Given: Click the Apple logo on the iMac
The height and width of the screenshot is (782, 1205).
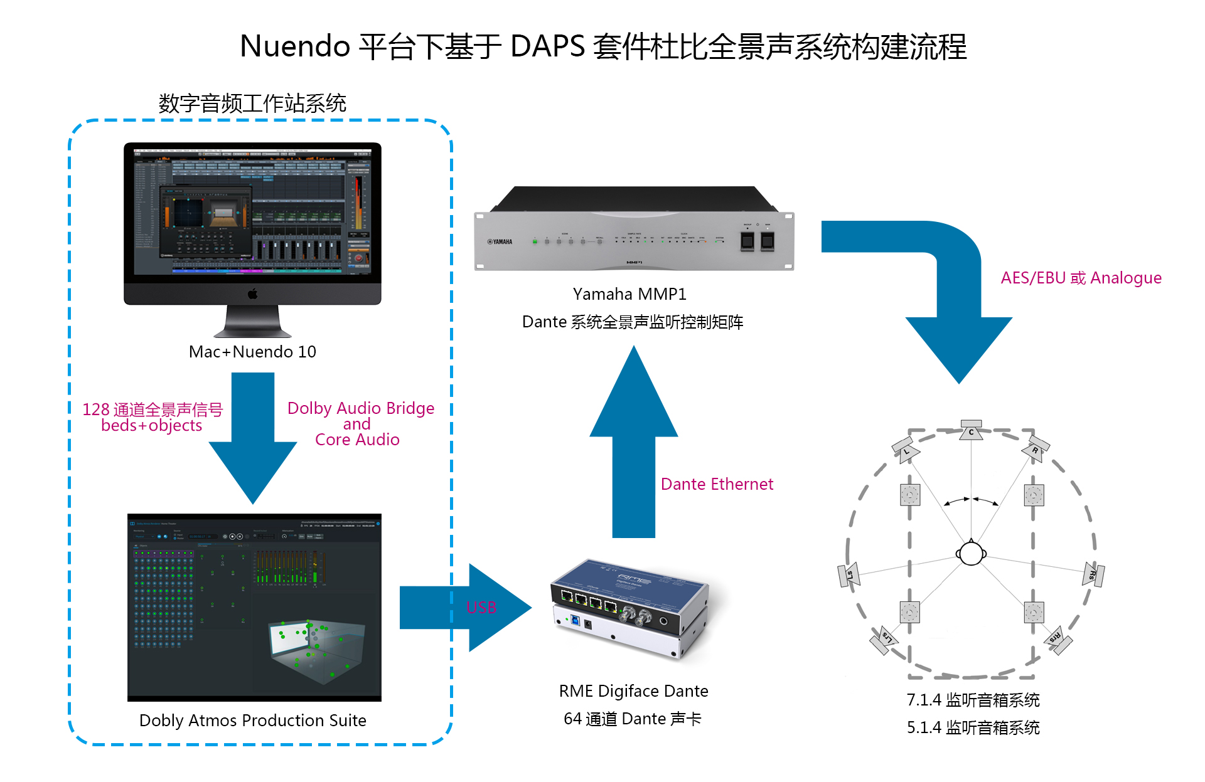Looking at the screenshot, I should tap(253, 293).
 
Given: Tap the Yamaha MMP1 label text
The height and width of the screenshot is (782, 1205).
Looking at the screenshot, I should tap(629, 294).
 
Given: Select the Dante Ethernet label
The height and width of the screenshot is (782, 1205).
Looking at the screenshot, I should tap(717, 484).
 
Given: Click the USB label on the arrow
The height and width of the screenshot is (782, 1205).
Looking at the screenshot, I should tap(481, 607).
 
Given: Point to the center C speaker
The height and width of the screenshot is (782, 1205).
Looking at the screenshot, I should tap(971, 430).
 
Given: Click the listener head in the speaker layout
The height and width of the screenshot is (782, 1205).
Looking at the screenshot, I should tap(971, 553).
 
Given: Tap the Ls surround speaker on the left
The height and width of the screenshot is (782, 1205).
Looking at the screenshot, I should tap(849, 574).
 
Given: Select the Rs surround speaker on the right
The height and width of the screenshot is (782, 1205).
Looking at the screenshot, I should tap(1093, 574).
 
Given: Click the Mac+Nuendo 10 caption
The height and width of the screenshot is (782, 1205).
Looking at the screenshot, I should tap(252, 352).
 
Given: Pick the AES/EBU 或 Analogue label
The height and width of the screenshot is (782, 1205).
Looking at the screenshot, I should tap(1081, 278).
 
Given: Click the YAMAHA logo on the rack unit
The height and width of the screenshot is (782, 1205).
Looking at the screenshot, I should tap(500, 241).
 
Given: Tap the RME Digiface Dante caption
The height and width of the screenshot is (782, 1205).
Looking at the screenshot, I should tap(633, 691).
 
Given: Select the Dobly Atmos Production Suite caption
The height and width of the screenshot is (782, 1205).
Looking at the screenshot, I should tap(252, 721).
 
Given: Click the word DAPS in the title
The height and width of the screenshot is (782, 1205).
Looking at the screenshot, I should tap(547, 46).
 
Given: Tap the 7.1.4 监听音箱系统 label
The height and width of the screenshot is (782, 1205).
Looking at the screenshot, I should tap(973, 700).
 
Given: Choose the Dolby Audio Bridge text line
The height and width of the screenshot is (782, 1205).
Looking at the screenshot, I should tap(360, 408).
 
